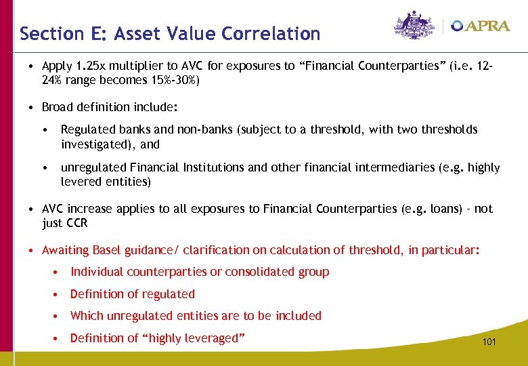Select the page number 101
[x=489, y=342]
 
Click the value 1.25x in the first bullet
[x=89, y=66]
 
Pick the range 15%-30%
[x=172, y=80]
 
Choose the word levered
[x=79, y=182]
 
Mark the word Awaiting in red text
[x=66, y=250]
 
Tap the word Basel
[x=108, y=250]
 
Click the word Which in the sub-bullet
[x=87, y=315]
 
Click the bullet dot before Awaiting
[x=32, y=250]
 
